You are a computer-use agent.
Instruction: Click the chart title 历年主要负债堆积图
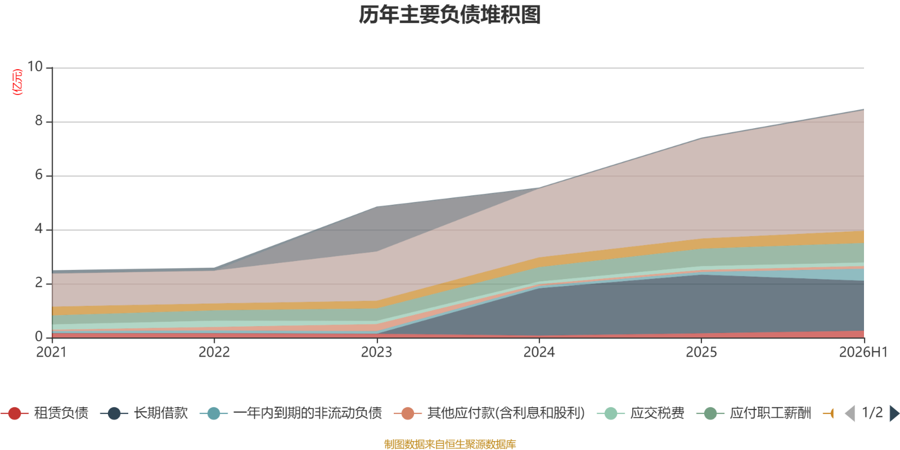449,15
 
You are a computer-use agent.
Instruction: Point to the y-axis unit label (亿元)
17,82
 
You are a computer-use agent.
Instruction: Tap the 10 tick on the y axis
35,67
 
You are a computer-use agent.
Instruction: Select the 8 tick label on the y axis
39,120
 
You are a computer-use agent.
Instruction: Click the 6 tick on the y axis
39,175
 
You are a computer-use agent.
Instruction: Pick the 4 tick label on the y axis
39,229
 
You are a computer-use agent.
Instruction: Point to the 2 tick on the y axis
39,283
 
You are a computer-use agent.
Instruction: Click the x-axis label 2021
51,352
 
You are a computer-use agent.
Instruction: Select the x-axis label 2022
214,352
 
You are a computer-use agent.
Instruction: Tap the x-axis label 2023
376,352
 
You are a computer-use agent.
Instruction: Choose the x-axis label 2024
539,352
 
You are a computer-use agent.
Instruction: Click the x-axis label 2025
701,352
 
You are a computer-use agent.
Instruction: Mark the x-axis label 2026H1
863,352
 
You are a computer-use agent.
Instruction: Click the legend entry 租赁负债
44,413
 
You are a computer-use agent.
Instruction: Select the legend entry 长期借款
144,413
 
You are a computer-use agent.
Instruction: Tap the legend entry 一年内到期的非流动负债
291,413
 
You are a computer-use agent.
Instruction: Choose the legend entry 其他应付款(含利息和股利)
489,413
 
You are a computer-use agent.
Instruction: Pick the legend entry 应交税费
641,413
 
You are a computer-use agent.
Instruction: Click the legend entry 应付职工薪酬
754,413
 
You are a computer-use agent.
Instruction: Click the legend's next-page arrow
894,413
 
